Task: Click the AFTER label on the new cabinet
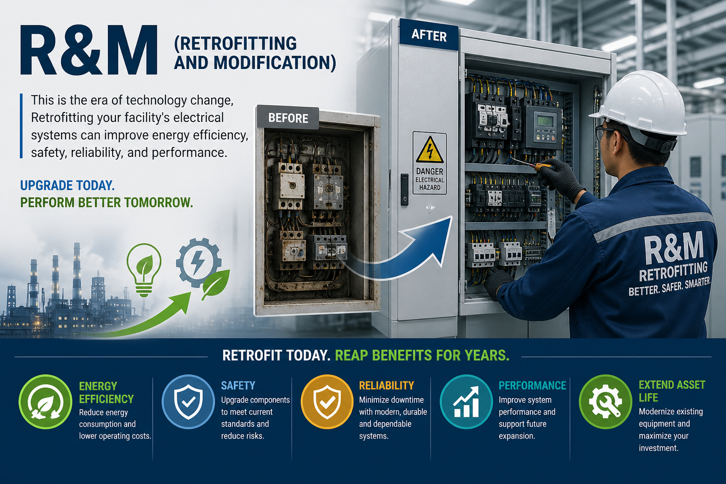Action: pyautogui.click(x=429, y=35)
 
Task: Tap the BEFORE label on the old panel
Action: pyautogui.click(x=288, y=118)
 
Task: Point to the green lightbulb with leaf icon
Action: pyautogui.click(x=144, y=270)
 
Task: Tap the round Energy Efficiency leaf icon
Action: pyautogui.click(x=45, y=402)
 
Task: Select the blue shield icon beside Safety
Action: pyautogui.click(x=188, y=402)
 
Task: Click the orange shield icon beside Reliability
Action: pyautogui.click(x=327, y=402)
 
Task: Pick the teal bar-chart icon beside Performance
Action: pyautogui.click(x=467, y=402)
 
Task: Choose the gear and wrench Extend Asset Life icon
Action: pyautogui.click(x=605, y=402)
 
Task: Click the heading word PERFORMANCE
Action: pyautogui.click(x=532, y=385)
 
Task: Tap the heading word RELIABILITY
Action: pyautogui.click(x=386, y=385)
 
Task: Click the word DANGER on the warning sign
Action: pyautogui.click(x=430, y=171)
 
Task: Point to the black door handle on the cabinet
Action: pyautogui.click(x=405, y=190)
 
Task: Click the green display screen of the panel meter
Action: pyautogui.click(x=545, y=121)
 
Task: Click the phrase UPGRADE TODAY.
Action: pyautogui.click(x=68, y=185)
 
